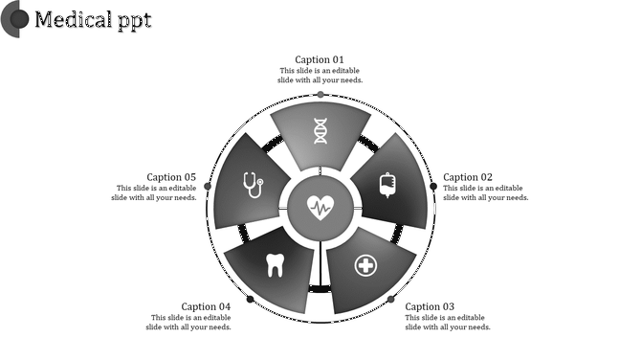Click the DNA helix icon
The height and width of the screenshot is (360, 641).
point(320,131)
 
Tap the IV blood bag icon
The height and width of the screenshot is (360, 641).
point(387,185)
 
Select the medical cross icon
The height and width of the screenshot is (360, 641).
point(365,264)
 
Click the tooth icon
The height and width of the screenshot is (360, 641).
point(276,264)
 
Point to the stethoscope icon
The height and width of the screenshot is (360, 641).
point(253,184)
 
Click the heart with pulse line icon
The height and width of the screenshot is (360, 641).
point(320,206)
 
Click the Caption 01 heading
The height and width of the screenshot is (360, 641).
point(320,59)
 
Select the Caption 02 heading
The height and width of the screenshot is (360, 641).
point(468,177)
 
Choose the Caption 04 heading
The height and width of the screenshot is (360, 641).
point(206,306)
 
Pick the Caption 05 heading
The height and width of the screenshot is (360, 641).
point(171,177)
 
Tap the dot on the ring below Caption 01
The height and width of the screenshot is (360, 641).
point(320,94)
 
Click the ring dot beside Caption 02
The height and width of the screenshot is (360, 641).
point(434,186)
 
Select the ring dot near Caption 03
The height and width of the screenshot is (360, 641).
point(390,300)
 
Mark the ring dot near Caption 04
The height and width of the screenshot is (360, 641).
point(251,300)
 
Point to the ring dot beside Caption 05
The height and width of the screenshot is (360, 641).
point(207,186)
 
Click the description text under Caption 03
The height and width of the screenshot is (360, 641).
point(448,322)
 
